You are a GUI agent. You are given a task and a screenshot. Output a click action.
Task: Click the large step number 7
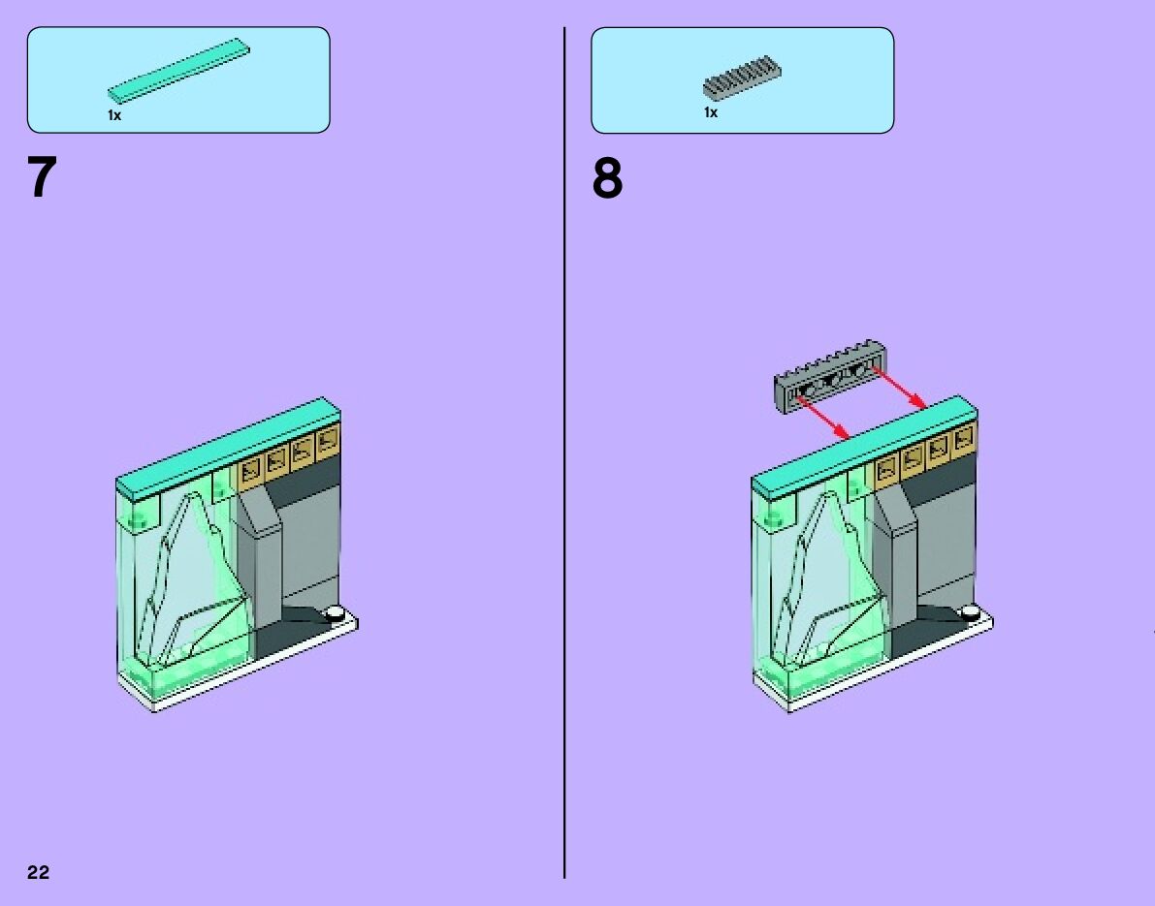click(x=43, y=178)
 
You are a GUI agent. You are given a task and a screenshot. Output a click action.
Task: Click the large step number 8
click(x=608, y=179)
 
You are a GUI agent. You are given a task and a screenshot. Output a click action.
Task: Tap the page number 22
click(x=38, y=872)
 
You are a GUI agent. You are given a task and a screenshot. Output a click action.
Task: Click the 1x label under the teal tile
click(x=114, y=115)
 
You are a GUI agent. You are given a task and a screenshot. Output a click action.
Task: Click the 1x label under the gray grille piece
click(x=711, y=112)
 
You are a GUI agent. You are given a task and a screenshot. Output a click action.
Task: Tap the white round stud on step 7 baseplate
click(x=336, y=613)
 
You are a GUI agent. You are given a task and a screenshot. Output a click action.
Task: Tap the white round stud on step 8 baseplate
click(x=971, y=612)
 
